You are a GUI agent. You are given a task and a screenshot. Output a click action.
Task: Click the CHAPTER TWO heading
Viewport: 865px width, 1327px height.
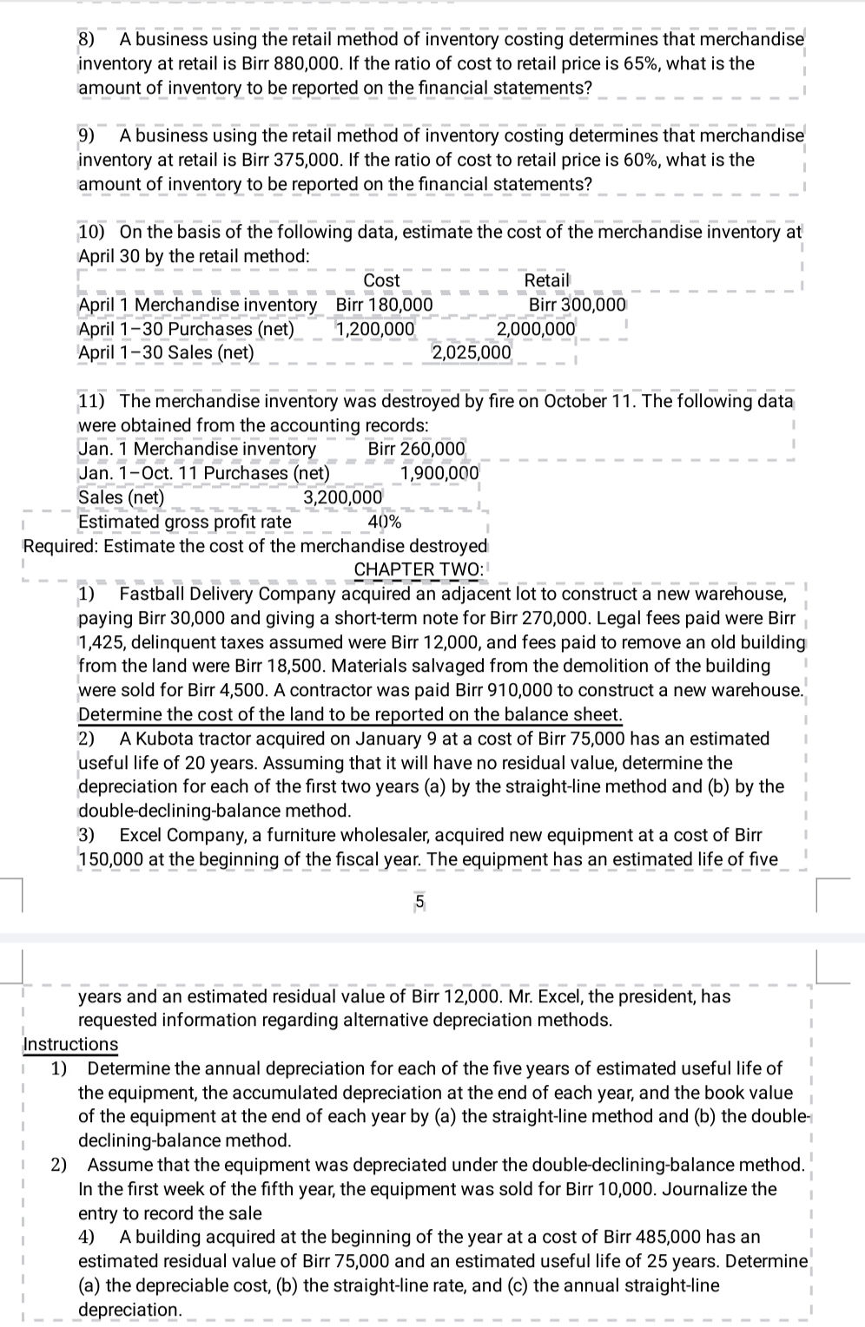[x=419, y=569]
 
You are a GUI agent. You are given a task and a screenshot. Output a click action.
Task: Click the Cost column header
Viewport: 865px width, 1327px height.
[x=381, y=280]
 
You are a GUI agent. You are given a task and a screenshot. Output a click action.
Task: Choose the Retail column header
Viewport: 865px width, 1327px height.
[x=546, y=280]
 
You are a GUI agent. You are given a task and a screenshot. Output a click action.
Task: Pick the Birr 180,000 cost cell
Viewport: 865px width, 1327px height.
[x=384, y=305]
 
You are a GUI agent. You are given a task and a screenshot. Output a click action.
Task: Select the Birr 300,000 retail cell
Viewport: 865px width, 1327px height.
[x=578, y=305]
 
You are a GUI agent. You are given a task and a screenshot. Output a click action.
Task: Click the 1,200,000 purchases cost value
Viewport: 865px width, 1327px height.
[x=375, y=329]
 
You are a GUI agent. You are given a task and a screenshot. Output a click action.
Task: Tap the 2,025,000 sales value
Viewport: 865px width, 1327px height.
[x=472, y=352]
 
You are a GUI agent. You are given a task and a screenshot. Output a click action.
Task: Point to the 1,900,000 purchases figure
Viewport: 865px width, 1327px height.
[x=439, y=473]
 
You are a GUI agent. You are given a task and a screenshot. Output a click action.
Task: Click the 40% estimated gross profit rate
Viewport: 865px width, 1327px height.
[x=385, y=522]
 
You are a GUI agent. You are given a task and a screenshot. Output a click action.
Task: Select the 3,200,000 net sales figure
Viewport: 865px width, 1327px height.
[x=342, y=497]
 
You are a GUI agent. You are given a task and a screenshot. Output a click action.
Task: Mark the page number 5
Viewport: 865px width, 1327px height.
[x=419, y=902]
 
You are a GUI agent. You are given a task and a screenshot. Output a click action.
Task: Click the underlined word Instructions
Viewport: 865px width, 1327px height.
[x=70, y=1044]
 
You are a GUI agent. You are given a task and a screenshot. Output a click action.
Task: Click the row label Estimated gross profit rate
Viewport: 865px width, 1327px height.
[x=184, y=522]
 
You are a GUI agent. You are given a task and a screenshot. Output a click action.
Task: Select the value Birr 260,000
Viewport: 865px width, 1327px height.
[x=417, y=449]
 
